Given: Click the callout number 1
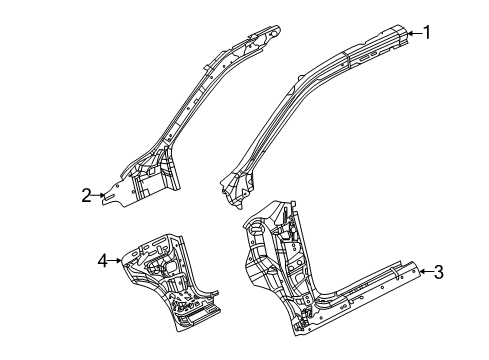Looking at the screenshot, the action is (x=427, y=32).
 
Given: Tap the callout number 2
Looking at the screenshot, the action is (x=87, y=195).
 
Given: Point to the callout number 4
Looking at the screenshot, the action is (x=102, y=261).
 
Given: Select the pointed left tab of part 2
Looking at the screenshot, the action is (x=113, y=196).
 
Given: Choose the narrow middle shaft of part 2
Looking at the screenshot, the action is (x=190, y=110).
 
